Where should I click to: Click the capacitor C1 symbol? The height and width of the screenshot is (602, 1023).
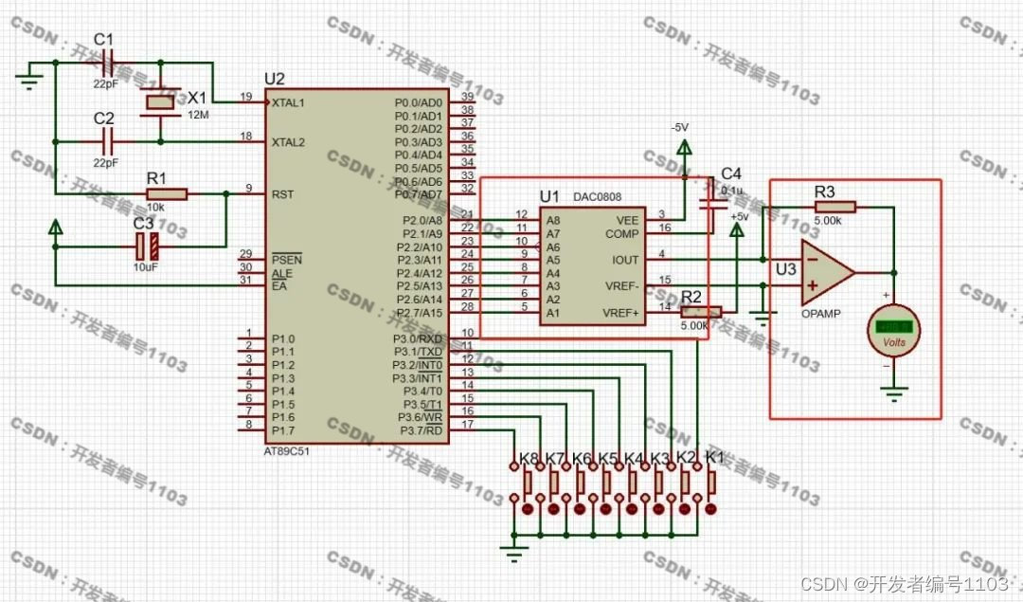pos(106,65)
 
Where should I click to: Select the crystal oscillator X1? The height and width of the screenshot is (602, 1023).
pos(158,102)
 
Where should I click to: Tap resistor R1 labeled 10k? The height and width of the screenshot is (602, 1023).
pos(167,194)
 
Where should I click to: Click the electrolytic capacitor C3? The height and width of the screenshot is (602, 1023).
pos(147,247)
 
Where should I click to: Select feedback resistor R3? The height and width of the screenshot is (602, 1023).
pos(834,207)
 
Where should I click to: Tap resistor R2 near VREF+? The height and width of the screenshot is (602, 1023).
pos(701,311)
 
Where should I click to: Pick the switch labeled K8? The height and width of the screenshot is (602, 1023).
pos(528,484)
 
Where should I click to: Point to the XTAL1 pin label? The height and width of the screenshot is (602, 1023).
pos(288,101)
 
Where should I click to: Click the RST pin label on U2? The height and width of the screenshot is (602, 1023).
pos(281,194)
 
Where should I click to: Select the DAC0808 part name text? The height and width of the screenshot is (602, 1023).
pos(601,196)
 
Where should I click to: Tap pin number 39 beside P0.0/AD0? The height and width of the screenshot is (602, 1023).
pos(467,97)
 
